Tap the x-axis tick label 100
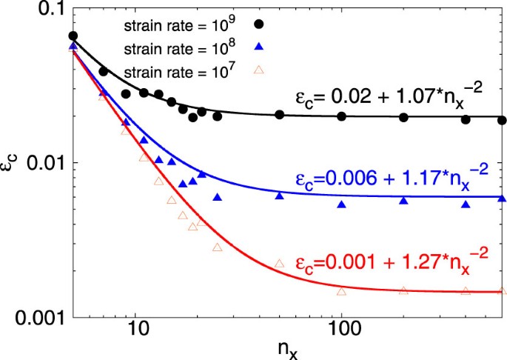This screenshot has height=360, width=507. pyautogui.click(x=341, y=334)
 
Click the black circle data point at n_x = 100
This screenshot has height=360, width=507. pyautogui.click(x=341, y=116)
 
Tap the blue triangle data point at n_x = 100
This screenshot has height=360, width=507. pyautogui.click(x=341, y=204)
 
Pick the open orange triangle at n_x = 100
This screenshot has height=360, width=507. pyautogui.click(x=341, y=291)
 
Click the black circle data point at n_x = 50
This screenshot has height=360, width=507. pyautogui.click(x=280, y=115)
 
